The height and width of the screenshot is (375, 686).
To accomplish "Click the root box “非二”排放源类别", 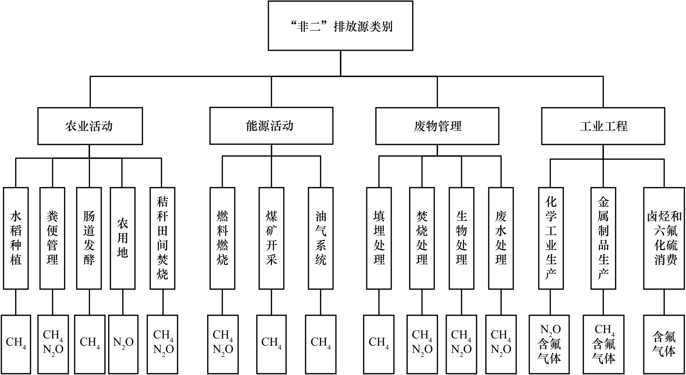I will click(x=340, y=26).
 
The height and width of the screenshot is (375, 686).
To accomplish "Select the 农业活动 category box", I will click(x=90, y=126).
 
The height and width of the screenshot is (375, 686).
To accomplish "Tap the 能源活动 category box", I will click(x=271, y=126).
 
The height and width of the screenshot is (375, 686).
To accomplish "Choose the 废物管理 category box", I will click(x=437, y=126).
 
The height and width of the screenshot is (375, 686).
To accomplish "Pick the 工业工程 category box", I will click(x=603, y=126).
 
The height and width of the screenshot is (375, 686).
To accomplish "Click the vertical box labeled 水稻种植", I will click(x=16, y=238).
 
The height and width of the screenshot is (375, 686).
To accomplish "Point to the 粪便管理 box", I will click(x=52, y=238).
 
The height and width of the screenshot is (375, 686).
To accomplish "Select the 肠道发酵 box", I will click(x=89, y=238).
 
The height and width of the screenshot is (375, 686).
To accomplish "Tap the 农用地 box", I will click(x=123, y=238).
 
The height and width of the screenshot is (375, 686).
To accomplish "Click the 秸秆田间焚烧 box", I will click(x=162, y=238).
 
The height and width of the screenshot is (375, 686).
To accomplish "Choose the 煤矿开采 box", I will click(x=271, y=238).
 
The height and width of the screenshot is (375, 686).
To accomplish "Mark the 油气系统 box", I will click(x=321, y=238).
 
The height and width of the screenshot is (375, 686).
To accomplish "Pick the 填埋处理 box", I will click(x=379, y=238).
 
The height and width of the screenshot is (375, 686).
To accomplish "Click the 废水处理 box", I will click(x=501, y=238).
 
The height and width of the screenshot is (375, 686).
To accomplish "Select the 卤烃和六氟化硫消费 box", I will click(x=664, y=238).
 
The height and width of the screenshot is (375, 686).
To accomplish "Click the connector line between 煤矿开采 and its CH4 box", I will click(x=271, y=302).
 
